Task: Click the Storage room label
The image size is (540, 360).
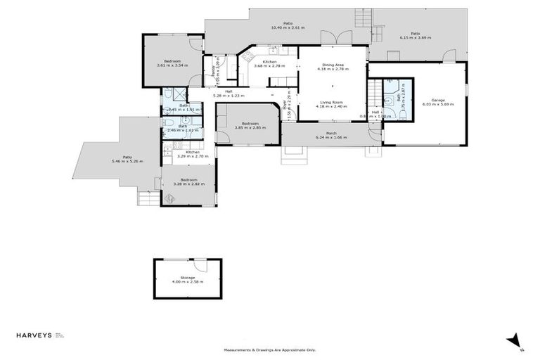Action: pos(187,279)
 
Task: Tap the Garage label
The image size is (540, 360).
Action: pos(438,101)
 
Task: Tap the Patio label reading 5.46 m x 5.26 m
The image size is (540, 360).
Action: pos(127,159)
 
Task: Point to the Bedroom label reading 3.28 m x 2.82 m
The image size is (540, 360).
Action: pos(188,181)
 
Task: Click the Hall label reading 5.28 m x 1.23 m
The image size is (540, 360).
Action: pos(229,94)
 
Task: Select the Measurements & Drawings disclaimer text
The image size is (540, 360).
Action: pos(270,349)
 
